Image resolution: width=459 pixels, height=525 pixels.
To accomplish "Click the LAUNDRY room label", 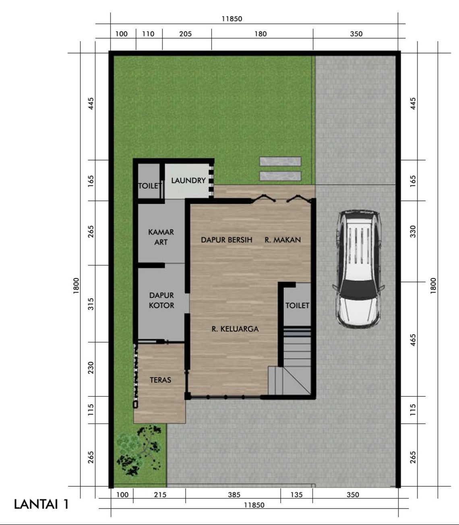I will click(x=188, y=181).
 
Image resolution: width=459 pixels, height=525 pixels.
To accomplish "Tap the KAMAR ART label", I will click(x=161, y=237).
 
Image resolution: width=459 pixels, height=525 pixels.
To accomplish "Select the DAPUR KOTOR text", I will click(x=161, y=301).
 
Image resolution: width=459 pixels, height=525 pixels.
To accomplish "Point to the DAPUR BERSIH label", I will click(x=227, y=240).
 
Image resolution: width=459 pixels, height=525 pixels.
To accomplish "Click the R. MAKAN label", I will click(x=283, y=240).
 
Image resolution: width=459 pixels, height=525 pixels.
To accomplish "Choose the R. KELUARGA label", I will click(x=235, y=329).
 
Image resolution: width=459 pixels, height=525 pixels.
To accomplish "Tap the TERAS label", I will click(x=160, y=380).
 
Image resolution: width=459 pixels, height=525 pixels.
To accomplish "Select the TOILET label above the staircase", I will click(x=297, y=305).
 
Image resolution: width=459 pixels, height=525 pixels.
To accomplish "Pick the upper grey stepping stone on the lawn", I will click(x=280, y=161).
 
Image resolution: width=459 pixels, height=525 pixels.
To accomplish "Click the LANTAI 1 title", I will click(x=41, y=504).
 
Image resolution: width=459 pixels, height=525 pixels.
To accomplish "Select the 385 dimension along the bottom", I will click(x=234, y=495).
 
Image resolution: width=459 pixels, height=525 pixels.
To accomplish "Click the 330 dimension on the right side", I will click(x=413, y=231).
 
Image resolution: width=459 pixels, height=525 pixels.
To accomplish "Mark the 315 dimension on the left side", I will click(x=91, y=304).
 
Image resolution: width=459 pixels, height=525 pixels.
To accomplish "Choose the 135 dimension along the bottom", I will click(x=296, y=495).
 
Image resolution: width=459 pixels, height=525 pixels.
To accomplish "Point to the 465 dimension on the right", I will click(x=413, y=340).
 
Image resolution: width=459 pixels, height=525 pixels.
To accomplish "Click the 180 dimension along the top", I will click(x=261, y=34).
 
